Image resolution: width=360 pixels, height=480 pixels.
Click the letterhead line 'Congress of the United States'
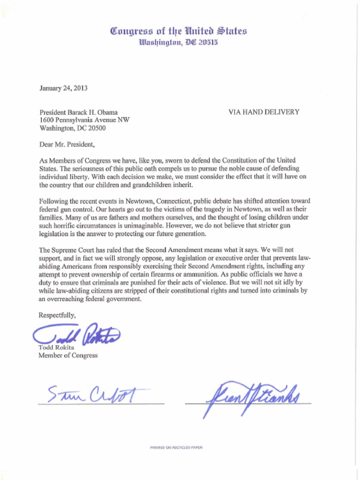(178, 32)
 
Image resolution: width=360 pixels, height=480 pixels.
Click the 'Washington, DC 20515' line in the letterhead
(178, 43)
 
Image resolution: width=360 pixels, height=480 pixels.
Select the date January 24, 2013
(64, 88)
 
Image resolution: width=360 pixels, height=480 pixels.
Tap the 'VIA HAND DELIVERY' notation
(263, 112)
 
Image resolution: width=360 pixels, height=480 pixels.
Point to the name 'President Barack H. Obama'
(78, 112)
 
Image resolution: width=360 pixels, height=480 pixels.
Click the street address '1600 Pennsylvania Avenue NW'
(84, 120)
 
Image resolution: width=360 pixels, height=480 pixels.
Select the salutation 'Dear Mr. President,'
(67, 144)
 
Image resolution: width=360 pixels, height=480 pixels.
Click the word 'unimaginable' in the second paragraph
(137, 225)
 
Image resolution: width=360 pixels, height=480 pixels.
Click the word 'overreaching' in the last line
(66, 299)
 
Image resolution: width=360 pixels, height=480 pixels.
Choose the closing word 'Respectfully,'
(57, 315)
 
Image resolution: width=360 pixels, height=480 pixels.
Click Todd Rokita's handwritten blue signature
(77, 334)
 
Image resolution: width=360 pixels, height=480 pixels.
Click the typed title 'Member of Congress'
(68, 355)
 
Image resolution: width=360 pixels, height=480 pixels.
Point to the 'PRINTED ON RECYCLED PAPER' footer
(176, 448)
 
